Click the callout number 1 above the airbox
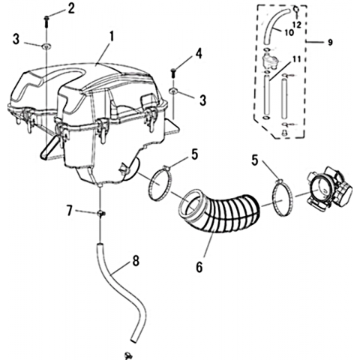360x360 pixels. coord(112,37)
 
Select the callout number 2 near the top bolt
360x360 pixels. coord(71,8)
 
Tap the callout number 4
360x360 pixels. coord(199,53)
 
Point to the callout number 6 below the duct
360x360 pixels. coord(199,267)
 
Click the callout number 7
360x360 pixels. coord(70,211)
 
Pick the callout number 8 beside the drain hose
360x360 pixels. coord(136,261)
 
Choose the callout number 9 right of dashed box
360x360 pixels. coord(330,42)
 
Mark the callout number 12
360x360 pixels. coord(298,25)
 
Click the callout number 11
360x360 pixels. coord(296,59)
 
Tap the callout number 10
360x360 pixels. coord(289,33)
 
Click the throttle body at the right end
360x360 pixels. coord(330,188)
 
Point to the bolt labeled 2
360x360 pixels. coord(46,22)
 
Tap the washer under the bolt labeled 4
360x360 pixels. coord(173,91)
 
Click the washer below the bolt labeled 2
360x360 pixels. coord(46,46)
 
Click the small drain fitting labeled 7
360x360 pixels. coord(101,214)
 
